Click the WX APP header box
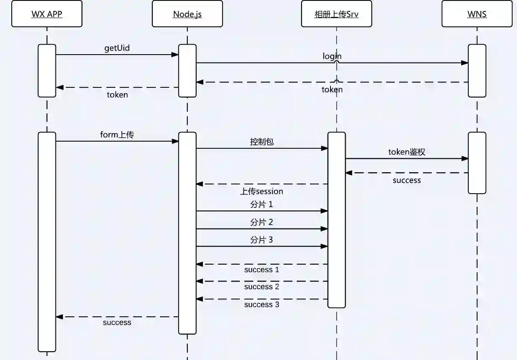47,14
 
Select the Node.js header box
187,14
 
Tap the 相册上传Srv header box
336,14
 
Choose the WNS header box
477,14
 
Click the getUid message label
117,48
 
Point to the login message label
332,56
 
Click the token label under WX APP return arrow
117,95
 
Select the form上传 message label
117,135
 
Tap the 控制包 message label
262,142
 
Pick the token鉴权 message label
407,152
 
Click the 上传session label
262,192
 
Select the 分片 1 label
262,205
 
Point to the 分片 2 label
262,222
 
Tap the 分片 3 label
262,240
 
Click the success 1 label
262,270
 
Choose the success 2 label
262,287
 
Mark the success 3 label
262,305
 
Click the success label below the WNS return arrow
407,181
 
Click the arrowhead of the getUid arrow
175,55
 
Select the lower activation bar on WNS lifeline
477,163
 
